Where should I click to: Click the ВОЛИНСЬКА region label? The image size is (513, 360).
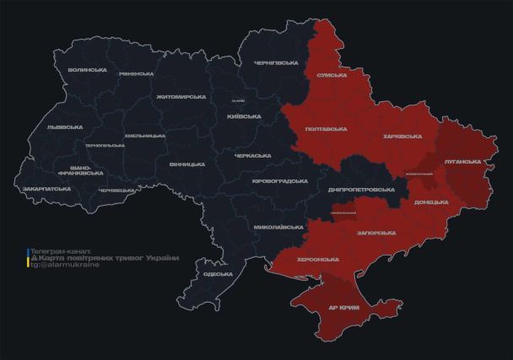87,70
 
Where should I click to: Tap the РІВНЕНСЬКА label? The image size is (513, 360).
136,74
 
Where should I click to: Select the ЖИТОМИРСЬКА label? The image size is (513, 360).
181,97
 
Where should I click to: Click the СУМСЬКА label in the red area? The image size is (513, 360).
332,76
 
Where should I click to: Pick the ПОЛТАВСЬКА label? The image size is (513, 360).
324,128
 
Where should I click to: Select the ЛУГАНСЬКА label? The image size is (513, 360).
462,161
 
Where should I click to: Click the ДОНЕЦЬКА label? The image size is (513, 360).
431,202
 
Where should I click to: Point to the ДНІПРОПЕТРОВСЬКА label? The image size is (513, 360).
360,191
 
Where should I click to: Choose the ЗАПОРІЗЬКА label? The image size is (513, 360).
376,232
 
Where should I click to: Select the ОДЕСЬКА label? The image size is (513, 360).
219,275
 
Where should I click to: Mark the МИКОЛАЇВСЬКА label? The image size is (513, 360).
278,228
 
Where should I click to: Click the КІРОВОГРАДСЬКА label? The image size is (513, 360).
280,181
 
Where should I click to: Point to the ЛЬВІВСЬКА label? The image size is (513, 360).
65,127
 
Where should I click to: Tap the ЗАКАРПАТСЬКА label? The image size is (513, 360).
46,189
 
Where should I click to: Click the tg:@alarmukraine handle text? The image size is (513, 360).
64,265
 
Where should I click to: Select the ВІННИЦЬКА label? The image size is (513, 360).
186,164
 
